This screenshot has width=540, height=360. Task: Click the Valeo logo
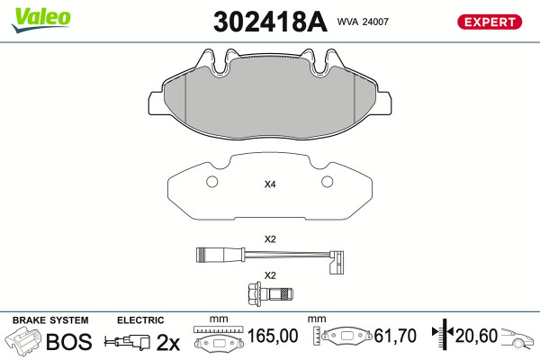point(41,20)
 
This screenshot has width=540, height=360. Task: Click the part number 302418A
point(270,22)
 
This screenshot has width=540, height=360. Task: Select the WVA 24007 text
point(363,22)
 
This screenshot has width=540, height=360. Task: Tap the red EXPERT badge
point(490,22)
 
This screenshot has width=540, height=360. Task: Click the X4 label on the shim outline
point(270,184)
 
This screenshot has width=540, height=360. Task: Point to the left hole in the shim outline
point(212,182)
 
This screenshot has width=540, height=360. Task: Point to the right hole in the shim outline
point(328,182)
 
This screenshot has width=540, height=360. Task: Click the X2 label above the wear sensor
point(270,238)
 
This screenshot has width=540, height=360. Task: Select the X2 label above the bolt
point(270,275)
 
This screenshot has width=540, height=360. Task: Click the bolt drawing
point(270,293)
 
